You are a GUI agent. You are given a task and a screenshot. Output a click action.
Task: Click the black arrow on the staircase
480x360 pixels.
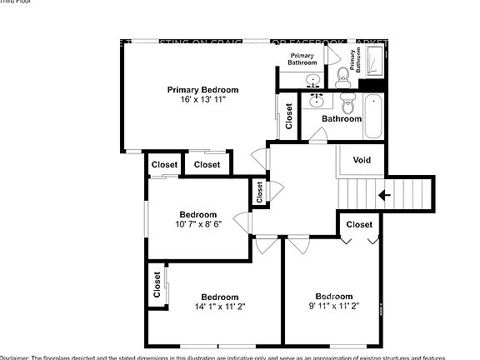[x=384, y=196]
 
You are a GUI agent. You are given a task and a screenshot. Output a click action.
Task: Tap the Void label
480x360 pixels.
[x=362, y=160]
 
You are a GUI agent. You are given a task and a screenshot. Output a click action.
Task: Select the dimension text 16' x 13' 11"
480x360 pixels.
[x=202, y=99]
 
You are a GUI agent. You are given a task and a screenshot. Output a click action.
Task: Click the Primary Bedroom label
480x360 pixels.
[x=202, y=89]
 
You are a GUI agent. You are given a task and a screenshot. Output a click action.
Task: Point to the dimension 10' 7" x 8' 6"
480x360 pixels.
[x=197, y=224]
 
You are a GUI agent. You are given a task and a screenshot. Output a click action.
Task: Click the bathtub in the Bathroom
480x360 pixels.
[x=372, y=117]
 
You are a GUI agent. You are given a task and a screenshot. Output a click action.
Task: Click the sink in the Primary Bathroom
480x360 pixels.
[x=314, y=81]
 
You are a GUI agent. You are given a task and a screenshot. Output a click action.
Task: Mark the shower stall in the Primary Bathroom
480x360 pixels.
[x=374, y=62]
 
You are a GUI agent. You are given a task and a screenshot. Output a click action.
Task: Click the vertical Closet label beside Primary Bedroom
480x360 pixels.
[x=288, y=116]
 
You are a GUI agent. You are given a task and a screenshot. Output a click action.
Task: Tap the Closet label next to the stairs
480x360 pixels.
[x=359, y=224]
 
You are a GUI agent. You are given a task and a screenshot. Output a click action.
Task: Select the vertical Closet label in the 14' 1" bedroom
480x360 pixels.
[x=157, y=285]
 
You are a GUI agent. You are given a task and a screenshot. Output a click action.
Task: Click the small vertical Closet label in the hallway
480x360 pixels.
[x=259, y=193]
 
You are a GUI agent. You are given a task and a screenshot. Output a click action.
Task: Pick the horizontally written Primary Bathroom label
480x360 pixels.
[x=302, y=58]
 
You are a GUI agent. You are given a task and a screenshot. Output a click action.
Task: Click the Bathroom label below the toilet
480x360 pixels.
[x=342, y=119]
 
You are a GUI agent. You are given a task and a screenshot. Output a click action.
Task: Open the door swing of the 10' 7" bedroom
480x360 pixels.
[x=243, y=223]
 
